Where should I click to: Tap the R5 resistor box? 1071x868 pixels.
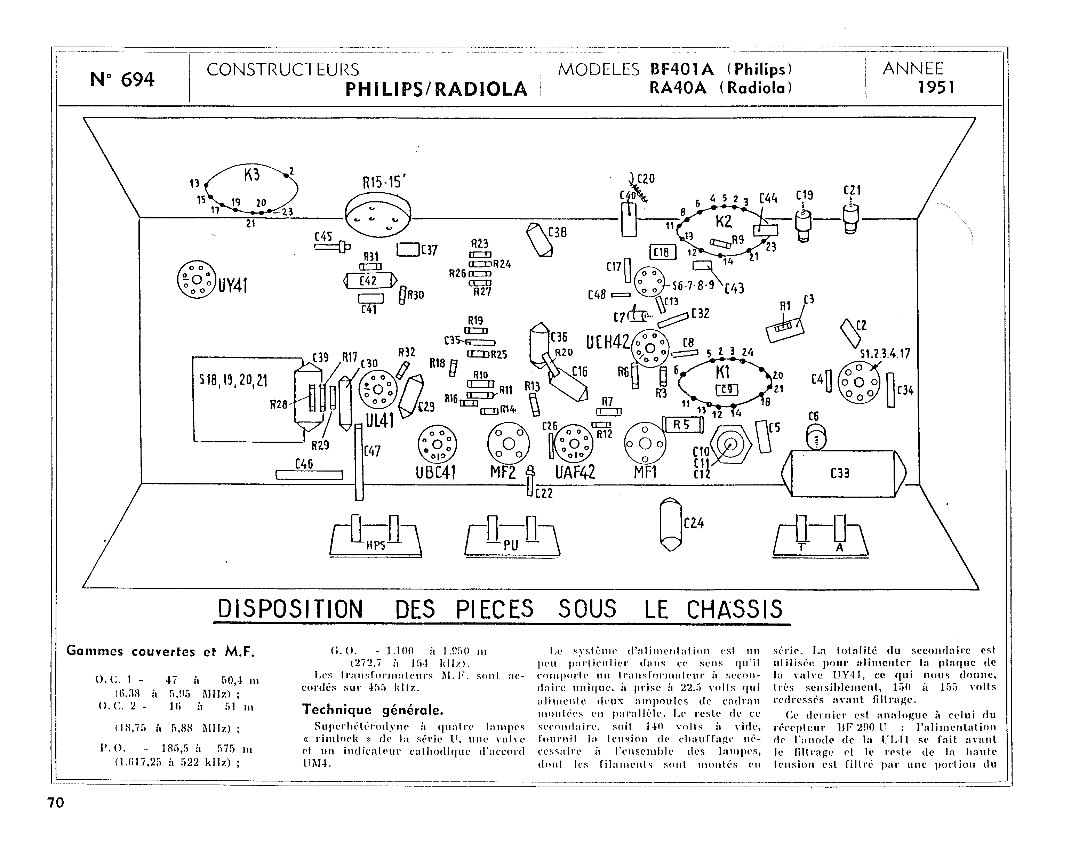682,425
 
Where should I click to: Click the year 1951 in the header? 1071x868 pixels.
936,88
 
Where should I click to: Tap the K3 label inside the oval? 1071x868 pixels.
252,175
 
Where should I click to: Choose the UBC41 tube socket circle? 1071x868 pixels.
437,444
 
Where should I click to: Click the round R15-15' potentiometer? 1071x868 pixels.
378,216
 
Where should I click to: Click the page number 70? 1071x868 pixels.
56,803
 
